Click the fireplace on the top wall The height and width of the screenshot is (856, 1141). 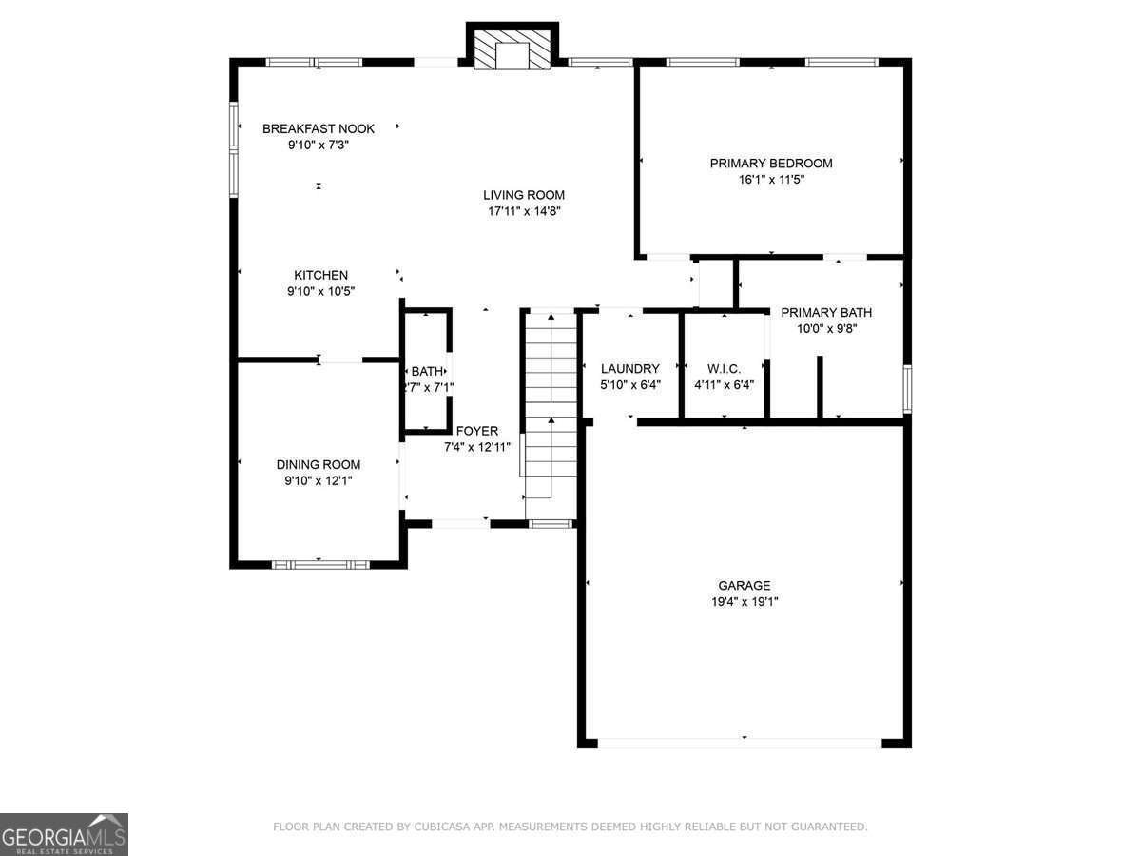pyautogui.click(x=512, y=49)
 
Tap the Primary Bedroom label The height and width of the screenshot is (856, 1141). pyautogui.click(x=771, y=164)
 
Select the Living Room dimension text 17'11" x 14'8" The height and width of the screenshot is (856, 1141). pyautogui.click(x=524, y=211)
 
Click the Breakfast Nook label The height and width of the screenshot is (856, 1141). pyautogui.click(x=319, y=129)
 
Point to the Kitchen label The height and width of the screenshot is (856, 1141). pyautogui.click(x=320, y=275)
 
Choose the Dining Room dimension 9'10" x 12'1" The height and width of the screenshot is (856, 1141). pyautogui.click(x=319, y=480)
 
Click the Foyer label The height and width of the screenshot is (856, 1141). pyautogui.click(x=477, y=431)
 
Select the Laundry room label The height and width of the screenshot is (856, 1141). pyautogui.click(x=630, y=368)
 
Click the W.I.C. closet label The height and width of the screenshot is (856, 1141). pyautogui.click(x=724, y=369)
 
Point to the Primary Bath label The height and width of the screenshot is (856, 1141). pyautogui.click(x=826, y=312)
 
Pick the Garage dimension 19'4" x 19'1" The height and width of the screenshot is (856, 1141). pyautogui.click(x=745, y=602)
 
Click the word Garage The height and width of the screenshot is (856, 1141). pyautogui.click(x=745, y=585)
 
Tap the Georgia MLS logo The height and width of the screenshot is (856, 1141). pyautogui.click(x=64, y=834)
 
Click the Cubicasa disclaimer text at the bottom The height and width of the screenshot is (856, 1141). pyautogui.click(x=570, y=827)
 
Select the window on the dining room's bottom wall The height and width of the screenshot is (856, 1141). pyautogui.click(x=320, y=565)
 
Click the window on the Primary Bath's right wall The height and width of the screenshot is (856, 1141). pyautogui.click(x=908, y=389)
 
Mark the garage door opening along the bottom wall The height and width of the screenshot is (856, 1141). pyautogui.click(x=740, y=743)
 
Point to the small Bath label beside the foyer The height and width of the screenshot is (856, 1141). pyautogui.click(x=427, y=371)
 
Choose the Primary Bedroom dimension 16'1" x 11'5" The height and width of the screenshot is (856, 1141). pyautogui.click(x=771, y=180)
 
